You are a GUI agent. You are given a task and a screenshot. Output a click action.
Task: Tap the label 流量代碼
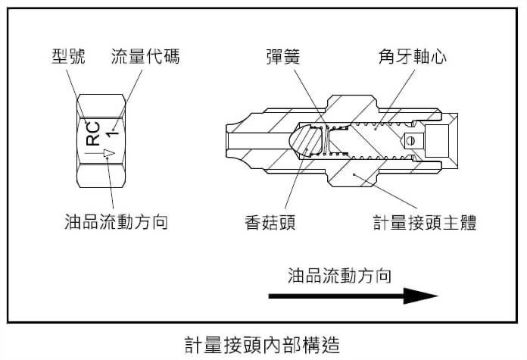145,57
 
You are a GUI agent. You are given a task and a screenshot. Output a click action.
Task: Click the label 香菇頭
269,222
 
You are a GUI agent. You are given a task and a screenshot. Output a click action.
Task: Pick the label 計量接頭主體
424,222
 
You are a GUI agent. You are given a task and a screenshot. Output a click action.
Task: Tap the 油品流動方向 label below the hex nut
116,222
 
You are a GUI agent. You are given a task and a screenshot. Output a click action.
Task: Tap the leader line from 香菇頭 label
293,178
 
